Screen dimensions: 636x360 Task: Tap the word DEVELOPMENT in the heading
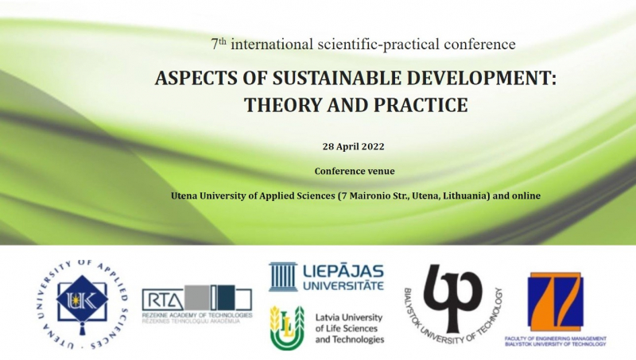pos(481,78)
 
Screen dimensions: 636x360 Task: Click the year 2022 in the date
pos(372,146)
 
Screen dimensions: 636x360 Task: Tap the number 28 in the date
pos(328,146)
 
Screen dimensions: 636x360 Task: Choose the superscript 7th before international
pos(219,44)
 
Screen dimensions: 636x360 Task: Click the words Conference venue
pos(355,171)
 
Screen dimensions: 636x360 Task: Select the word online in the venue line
pos(526,195)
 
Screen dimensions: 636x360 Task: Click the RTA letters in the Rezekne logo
pos(163,300)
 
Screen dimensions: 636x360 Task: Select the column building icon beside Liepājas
pos(283,277)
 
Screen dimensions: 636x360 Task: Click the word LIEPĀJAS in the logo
pos(343,271)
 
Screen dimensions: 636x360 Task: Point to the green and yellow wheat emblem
pos(287,327)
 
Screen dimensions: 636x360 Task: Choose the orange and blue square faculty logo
pos(555,302)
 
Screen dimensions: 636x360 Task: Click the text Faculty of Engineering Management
pos(555,339)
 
